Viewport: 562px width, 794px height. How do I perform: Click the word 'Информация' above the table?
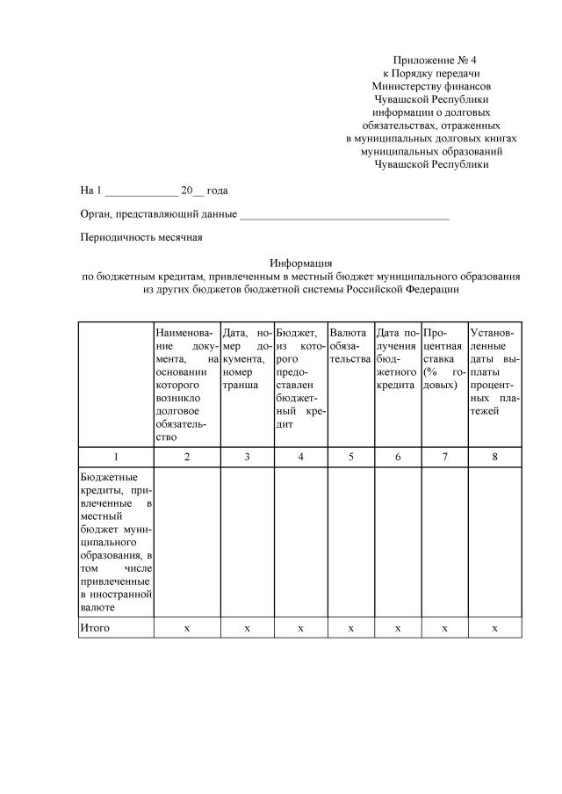coord(300,263)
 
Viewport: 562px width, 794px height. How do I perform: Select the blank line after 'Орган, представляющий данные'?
coord(344,213)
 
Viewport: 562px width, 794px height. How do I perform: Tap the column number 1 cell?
coord(116,457)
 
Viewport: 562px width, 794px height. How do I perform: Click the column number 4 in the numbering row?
coord(300,457)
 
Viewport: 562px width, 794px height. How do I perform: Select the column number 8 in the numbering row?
coord(494,457)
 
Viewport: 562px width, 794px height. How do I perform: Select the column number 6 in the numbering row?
coord(397,457)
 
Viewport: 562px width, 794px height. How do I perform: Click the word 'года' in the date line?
coord(218,190)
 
